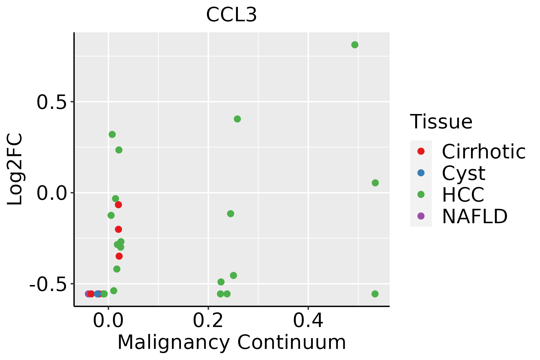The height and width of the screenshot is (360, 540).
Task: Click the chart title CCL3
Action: point(231,15)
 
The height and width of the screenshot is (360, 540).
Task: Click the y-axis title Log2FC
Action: point(15,169)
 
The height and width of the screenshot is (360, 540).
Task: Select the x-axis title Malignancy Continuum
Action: point(231,342)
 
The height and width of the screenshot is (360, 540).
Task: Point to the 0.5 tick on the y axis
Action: point(51,102)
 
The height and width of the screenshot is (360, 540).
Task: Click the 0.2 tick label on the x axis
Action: point(208,320)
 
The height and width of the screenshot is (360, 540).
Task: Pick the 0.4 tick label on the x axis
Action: point(308,320)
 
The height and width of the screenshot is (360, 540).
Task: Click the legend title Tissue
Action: point(441,122)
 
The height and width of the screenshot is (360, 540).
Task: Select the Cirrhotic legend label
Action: point(484,151)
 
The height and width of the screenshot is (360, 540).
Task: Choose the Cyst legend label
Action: point(463,173)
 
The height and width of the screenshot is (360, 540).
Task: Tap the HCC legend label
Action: point(463,194)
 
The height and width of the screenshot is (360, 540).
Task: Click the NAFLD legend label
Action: point(475,216)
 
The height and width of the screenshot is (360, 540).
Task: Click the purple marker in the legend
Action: point(421,216)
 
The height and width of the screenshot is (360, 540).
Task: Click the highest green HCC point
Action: point(355,45)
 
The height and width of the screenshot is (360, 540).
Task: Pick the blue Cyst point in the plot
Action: point(97,294)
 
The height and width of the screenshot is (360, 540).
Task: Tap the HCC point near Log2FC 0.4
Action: point(237,119)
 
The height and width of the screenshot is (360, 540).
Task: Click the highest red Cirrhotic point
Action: point(118,205)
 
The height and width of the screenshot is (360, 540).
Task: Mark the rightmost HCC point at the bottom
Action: point(375,294)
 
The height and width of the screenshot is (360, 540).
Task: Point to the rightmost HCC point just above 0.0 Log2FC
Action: point(375,183)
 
